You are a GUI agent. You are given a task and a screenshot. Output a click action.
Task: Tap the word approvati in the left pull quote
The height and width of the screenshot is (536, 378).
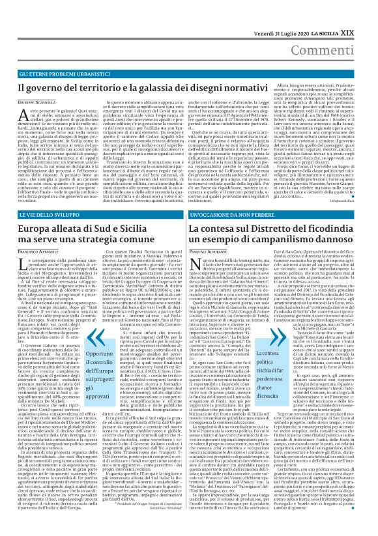coord(96,396)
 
